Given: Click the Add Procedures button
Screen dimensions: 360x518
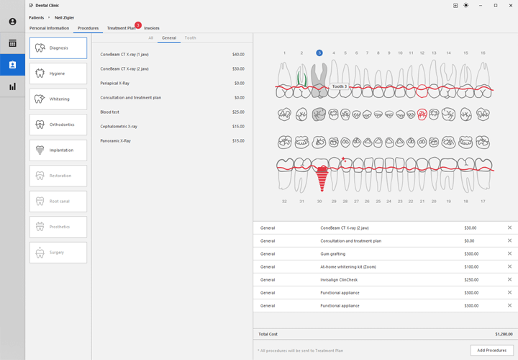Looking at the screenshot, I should (492, 350).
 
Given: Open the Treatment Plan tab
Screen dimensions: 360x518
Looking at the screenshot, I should (121, 28).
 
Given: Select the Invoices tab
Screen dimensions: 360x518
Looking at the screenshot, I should (152, 28).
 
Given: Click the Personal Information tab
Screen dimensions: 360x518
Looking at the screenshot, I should (49, 28).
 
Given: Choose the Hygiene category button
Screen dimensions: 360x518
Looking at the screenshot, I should (58, 73).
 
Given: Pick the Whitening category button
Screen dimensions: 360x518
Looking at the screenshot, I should (58, 99).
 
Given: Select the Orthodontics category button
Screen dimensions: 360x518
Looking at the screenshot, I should (58, 125).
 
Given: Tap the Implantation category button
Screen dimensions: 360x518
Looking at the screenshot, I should (58, 150).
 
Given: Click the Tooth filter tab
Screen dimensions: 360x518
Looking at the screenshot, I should (190, 37).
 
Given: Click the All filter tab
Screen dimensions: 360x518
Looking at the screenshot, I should (150, 37).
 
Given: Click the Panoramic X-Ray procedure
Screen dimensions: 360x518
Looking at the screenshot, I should (116, 141).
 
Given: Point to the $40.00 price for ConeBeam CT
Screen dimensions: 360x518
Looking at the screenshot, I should (238, 55).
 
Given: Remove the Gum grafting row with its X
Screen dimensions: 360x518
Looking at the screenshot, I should (509, 253).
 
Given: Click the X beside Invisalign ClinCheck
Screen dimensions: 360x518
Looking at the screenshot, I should (509, 279).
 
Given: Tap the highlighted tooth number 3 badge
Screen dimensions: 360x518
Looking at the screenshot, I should (319, 53).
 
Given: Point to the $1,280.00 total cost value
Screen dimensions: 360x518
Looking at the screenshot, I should (504, 334).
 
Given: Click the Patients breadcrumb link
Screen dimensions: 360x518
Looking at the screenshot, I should (36, 17).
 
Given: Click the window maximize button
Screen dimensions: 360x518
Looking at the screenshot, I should (496, 5).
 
